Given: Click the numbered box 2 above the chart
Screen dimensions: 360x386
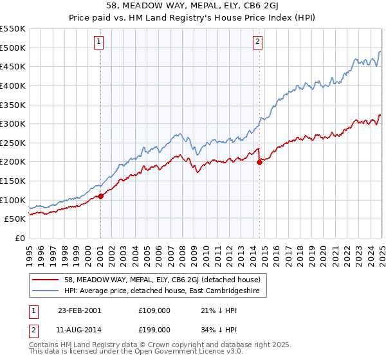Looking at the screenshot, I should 257,42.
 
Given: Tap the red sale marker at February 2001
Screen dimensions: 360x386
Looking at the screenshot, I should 101,196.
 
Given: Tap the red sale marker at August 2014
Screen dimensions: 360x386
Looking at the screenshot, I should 259,162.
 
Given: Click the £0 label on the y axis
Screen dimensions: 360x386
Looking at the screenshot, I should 19,238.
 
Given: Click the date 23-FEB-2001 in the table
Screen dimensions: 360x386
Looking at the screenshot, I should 79,310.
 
